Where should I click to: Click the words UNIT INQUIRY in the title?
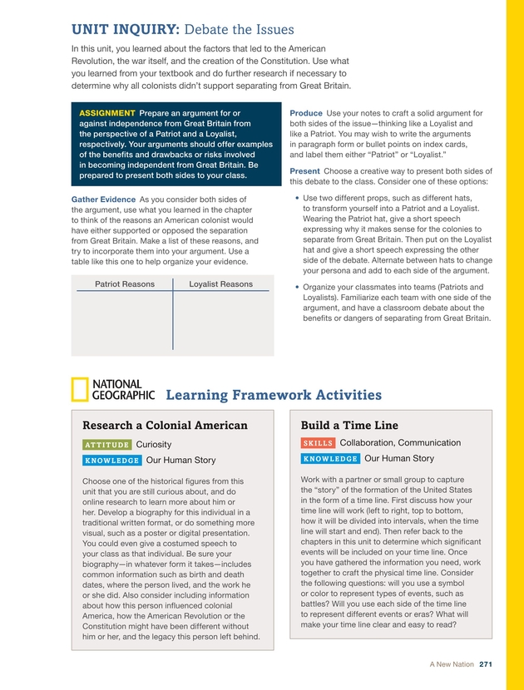click(125, 30)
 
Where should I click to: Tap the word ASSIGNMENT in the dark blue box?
click(107, 113)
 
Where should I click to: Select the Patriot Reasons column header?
click(125, 284)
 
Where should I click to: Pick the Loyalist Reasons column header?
click(220, 284)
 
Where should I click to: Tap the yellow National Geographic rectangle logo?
click(80, 391)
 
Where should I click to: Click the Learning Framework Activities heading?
click(274, 395)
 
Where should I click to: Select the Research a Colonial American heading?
click(165, 426)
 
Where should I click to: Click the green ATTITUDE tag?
click(106, 445)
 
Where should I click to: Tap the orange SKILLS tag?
click(318, 444)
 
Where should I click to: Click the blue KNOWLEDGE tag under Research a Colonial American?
click(111, 461)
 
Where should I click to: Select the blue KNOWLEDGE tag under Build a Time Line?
click(330, 459)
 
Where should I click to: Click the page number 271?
click(487, 663)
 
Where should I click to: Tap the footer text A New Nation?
click(452, 663)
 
